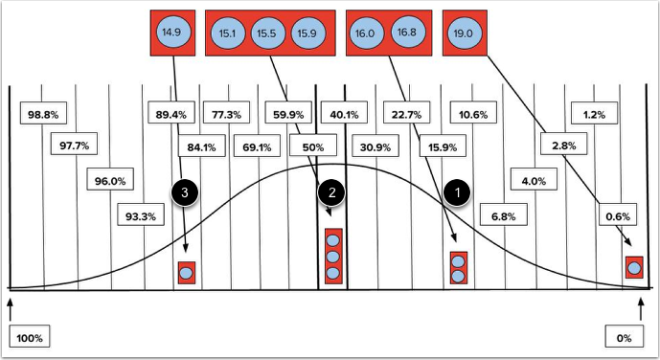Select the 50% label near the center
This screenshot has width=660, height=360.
[311, 147]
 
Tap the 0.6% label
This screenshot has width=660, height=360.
[618, 216]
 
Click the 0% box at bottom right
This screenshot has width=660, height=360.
[624, 338]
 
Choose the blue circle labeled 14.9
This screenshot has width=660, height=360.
[173, 33]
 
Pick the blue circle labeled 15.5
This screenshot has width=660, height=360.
[266, 34]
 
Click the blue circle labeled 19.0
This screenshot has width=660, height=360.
[462, 33]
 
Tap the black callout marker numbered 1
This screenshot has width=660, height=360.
[459, 191]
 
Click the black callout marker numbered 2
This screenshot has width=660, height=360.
[332, 191]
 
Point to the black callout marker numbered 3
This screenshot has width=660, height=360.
[187, 191]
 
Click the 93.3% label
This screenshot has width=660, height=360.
[141, 216]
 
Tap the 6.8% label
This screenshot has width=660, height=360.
[503, 216]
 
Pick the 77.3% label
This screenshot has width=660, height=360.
[227, 115]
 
